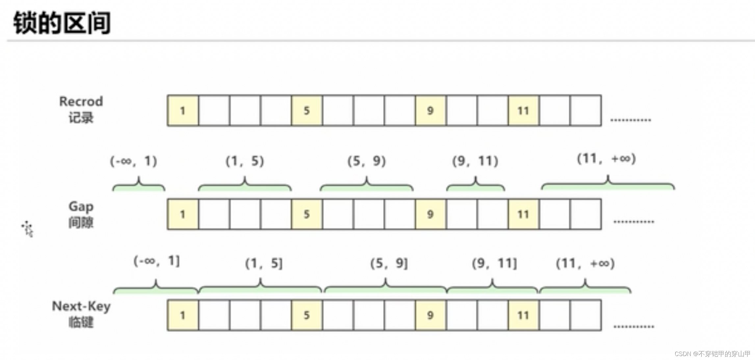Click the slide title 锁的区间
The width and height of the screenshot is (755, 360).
click(x=62, y=23)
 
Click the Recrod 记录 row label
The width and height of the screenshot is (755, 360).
click(x=81, y=110)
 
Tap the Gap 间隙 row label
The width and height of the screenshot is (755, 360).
click(x=81, y=215)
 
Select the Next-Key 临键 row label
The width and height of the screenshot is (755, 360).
click(x=81, y=314)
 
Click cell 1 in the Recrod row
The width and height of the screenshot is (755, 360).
click(x=183, y=111)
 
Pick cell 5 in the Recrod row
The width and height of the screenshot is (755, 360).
click(x=307, y=111)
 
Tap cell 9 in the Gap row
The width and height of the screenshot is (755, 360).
click(x=430, y=214)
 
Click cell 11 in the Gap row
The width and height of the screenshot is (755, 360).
click(x=523, y=214)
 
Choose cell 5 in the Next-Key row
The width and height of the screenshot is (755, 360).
click(x=307, y=315)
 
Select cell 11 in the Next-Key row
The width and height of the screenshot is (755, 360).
click(x=523, y=315)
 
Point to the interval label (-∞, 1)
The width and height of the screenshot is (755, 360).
click(x=134, y=161)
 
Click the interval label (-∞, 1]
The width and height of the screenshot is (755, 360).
click(x=157, y=261)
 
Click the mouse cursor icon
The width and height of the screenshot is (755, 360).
click(x=28, y=229)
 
